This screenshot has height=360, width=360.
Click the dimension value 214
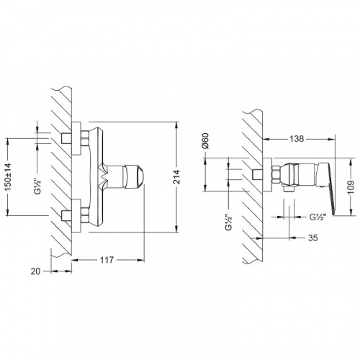(x=177, y=176)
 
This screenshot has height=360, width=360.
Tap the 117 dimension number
(x=107, y=260)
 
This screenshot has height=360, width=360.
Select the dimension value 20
(x=35, y=271)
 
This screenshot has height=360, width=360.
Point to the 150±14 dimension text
(x=9, y=177)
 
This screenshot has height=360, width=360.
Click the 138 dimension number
(x=297, y=139)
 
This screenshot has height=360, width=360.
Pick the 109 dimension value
(x=351, y=187)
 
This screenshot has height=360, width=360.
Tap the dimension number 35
(x=313, y=238)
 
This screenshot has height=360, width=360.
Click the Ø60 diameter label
(x=206, y=140)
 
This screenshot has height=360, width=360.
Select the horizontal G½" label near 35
(x=318, y=217)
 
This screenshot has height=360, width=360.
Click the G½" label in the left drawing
(x=38, y=186)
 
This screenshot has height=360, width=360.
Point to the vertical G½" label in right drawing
(x=229, y=222)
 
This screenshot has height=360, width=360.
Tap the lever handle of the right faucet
(x=325, y=187)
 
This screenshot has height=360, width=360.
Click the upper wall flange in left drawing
(x=77, y=138)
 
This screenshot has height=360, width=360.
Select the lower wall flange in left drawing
(x=77, y=215)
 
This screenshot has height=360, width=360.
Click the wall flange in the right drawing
(x=268, y=175)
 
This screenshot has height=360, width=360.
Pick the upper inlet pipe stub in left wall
(x=66, y=138)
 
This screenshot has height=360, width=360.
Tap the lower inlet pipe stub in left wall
(x=66, y=215)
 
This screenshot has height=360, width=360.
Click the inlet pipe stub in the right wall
(x=258, y=174)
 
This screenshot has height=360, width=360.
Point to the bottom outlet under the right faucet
(x=289, y=189)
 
